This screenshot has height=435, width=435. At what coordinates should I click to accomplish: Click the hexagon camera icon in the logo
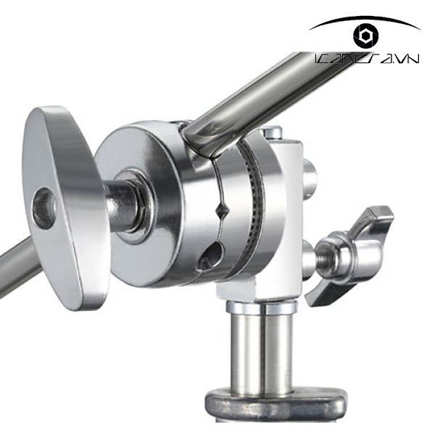[363, 36]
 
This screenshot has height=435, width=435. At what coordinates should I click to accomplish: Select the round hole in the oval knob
[44, 208]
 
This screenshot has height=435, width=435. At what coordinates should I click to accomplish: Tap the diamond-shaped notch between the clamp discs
[223, 212]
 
